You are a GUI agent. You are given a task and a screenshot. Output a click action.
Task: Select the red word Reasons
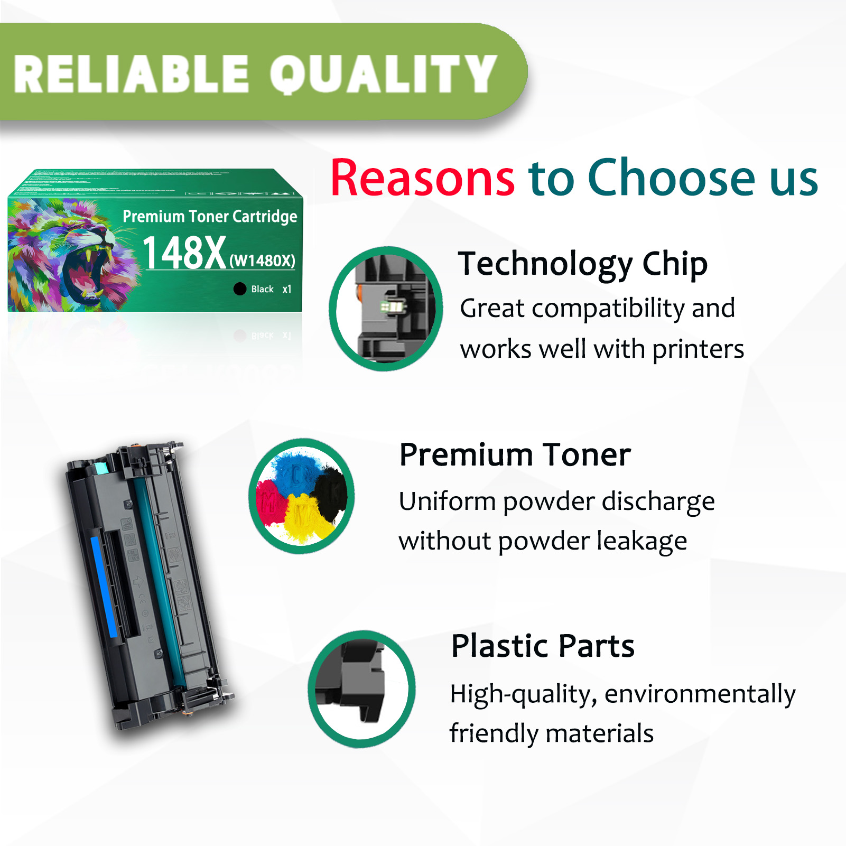click(423, 178)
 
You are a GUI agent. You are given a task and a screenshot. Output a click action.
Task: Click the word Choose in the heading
click(672, 178)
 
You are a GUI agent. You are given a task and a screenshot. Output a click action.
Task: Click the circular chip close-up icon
click(386, 309)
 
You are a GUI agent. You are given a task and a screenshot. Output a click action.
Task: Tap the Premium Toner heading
click(515, 454)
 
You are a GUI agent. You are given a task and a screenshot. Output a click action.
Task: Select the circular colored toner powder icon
click(302, 496)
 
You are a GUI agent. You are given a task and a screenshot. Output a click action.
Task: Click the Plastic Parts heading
click(543, 646)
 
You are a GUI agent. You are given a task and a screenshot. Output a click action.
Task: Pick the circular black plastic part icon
click(362, 689)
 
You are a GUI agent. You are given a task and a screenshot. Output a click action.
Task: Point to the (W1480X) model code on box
click(262, 261)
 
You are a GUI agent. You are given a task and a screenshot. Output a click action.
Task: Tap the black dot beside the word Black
click(240, 289)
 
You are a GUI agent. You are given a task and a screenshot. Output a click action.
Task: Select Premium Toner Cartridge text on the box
click(210, 216)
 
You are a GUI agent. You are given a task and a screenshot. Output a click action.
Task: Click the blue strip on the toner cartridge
click(104, 587)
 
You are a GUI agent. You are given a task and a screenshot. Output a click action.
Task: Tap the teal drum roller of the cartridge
click(159, 581)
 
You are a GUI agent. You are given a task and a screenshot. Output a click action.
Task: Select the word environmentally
click(700, 694)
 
